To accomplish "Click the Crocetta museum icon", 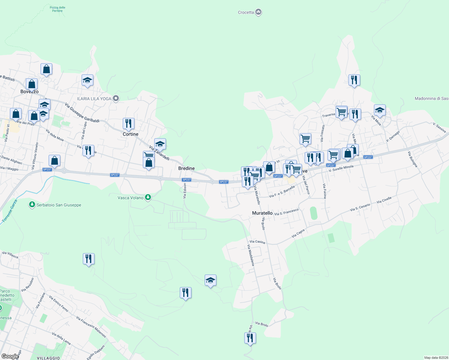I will pos(258,12).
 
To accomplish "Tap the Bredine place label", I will pos(186,168).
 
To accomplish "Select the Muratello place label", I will pos(262,213).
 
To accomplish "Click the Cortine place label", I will pos(131,134).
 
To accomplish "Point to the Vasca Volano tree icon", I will pos(148,197).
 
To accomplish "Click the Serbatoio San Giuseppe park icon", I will pos(32,205).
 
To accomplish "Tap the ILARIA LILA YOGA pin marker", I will pos(116,98).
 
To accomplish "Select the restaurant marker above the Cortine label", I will pos(128,124).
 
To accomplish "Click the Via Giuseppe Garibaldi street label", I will pos(82,113).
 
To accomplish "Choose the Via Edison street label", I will pos(185,191).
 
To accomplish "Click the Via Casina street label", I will pos(257,242).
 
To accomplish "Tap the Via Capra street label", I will pos(298,233).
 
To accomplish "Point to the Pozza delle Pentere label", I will pos(57,9).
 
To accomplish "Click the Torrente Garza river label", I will pos(10,211).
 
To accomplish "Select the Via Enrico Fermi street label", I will pos(59,304).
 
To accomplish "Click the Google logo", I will pos(10,356).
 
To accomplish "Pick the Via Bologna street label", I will pos(412,159).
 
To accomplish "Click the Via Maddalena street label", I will pos(251,255).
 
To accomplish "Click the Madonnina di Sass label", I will pos(432,98).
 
